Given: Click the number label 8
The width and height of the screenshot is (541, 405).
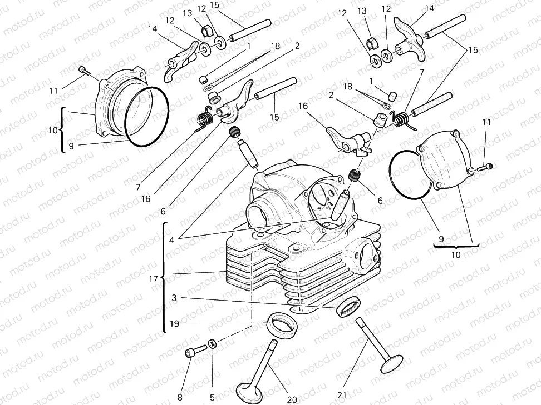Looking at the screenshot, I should (180, 397).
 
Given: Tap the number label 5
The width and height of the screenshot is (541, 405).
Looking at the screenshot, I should (212, 397).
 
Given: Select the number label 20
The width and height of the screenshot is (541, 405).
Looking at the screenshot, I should (292, 399).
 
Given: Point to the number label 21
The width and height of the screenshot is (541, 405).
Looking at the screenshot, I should (341, 396).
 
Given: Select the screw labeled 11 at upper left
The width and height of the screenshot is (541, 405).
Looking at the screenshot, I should (83, 70).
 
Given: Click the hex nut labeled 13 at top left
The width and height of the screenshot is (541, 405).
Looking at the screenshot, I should (205, 31).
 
